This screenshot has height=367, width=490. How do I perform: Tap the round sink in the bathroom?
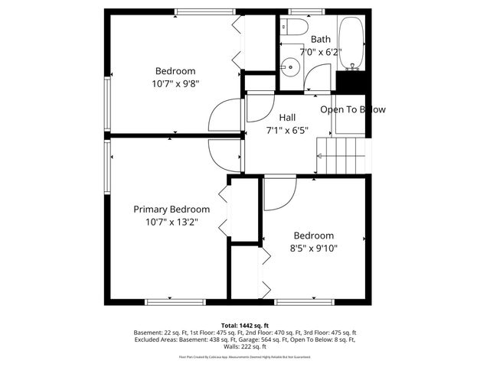click(289, 67)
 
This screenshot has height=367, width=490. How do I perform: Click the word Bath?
click(320, 39)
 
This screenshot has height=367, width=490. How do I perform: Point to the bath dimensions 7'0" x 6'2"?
click(320, 53)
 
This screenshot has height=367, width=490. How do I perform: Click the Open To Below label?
click(352, 109)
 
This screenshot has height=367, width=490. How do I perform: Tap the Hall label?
click(287, 117)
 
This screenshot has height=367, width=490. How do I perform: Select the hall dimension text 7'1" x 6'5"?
click(287, 130)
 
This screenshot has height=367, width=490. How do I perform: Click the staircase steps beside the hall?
click(342, 157)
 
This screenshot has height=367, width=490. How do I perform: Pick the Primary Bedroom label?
click(171, 209)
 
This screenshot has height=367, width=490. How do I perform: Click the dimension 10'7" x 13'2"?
click(171, 222)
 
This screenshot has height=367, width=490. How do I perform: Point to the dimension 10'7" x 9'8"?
click(175, 84)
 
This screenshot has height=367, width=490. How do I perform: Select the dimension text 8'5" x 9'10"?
click(313, 248)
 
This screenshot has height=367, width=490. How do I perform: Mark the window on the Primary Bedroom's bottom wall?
click(175, 301)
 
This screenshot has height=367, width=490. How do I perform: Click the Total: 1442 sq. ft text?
click(245, 326)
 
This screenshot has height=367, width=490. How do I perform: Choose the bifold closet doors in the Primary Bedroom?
click(224, 210)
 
